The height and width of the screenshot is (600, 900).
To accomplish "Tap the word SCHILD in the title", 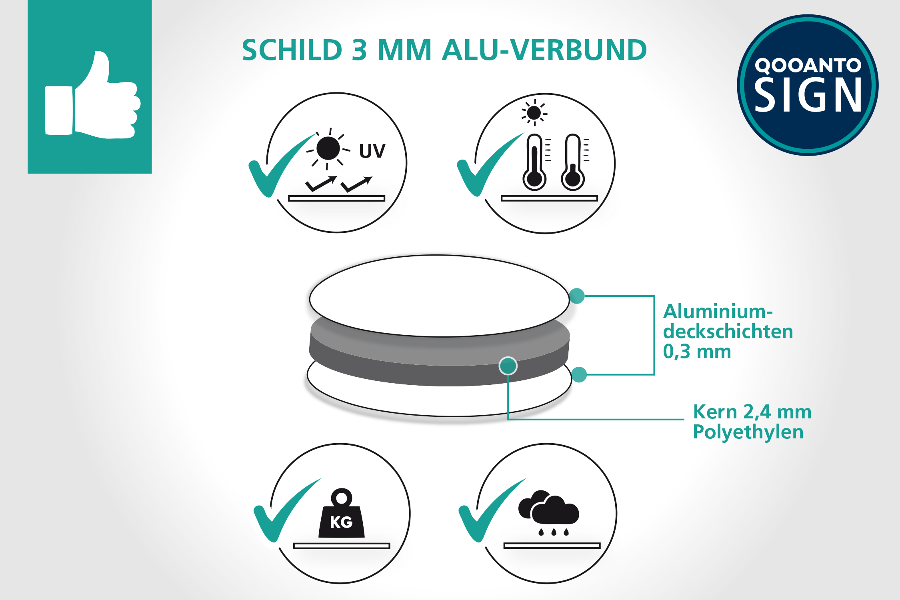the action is click(292, 50).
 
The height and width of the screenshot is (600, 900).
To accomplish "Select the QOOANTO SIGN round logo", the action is click(808, 85).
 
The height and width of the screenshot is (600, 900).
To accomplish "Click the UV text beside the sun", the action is click(372, 151).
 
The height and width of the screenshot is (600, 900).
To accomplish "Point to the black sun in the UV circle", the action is click(328, 148).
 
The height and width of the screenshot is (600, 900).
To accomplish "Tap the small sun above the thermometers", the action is click(534, 112).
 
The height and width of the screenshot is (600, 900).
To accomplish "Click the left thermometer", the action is click(534, 162).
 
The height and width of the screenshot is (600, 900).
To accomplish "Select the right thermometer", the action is click(573, 162).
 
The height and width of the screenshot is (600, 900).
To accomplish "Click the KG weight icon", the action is click(341, 513).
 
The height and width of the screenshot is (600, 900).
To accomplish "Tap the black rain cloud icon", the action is click(548, 512).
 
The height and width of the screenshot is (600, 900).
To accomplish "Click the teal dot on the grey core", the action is click(508, 366).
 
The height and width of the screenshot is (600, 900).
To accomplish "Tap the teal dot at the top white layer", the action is click(577, 296).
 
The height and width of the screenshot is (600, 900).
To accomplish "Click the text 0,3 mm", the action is click(697, 352).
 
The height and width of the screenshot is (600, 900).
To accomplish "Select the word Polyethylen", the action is click(748, 432).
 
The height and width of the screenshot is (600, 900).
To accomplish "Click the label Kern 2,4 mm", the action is click(752, 412).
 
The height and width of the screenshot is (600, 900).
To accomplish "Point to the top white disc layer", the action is click(439, 296).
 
